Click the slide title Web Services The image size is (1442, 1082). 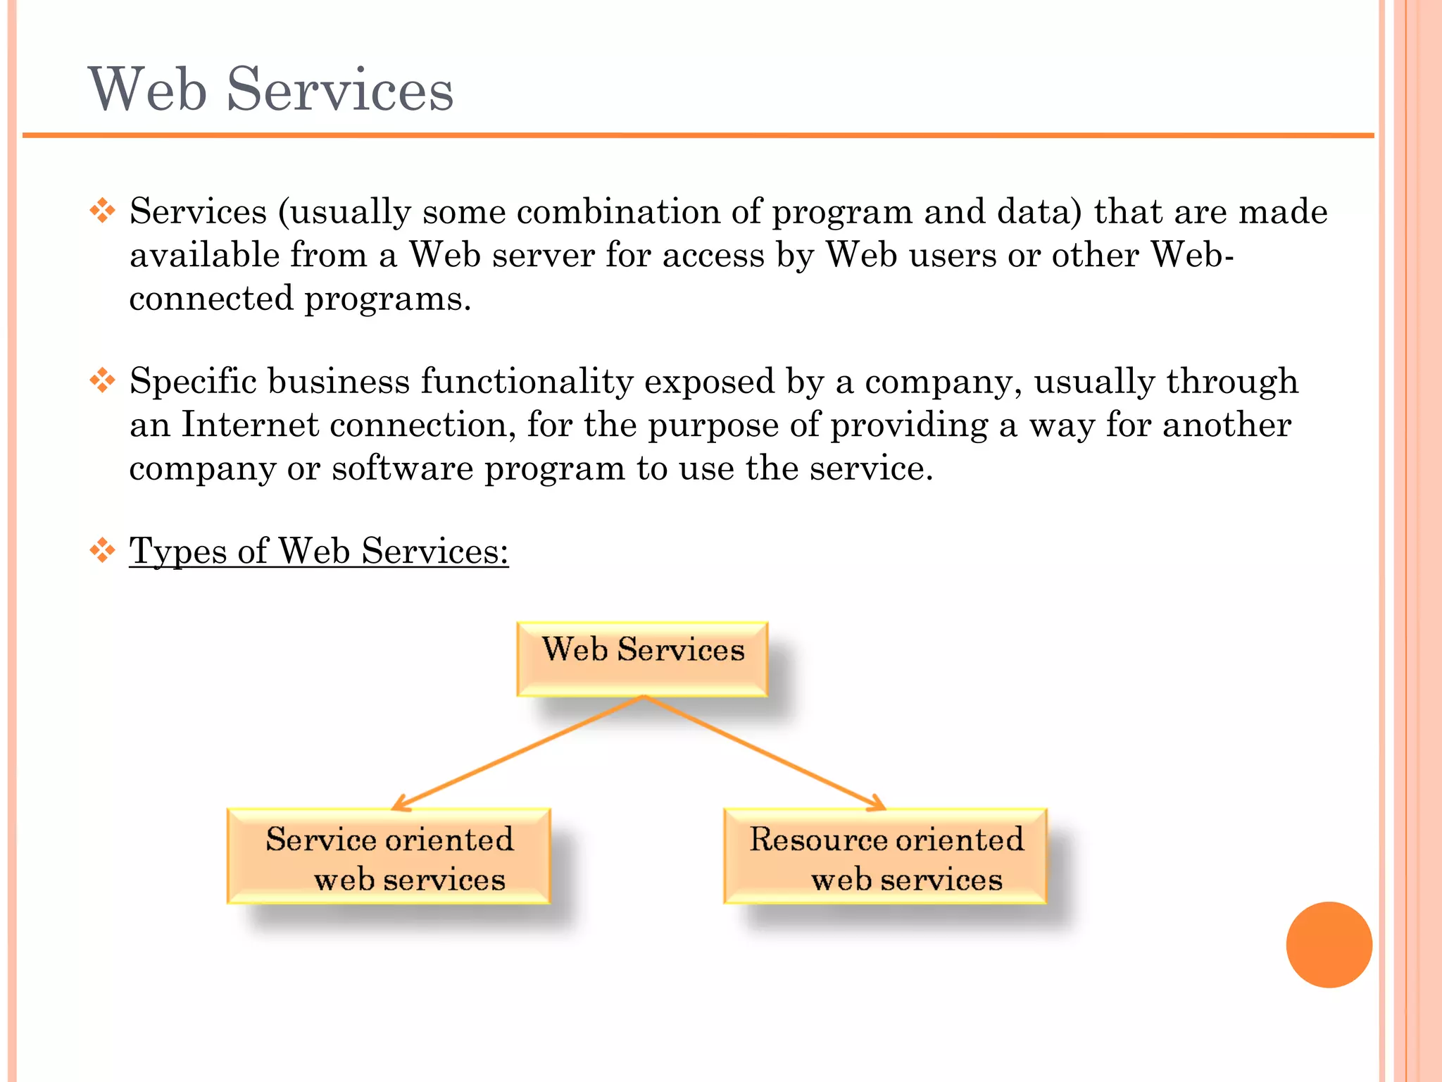(270, 89)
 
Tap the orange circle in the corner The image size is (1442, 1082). (1329, 944)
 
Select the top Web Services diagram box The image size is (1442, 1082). (642, 659)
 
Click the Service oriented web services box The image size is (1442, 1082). (389, 857)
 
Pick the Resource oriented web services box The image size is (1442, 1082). (885, 857)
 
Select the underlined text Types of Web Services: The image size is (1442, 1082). (318, 551)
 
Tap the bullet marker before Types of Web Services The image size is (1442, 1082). (103, 550)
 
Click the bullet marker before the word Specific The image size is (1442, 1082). (103, 380)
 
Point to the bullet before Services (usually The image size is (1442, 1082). (103, 211)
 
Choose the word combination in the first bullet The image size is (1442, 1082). (618, 211)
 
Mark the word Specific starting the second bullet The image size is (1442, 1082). (193, 381)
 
